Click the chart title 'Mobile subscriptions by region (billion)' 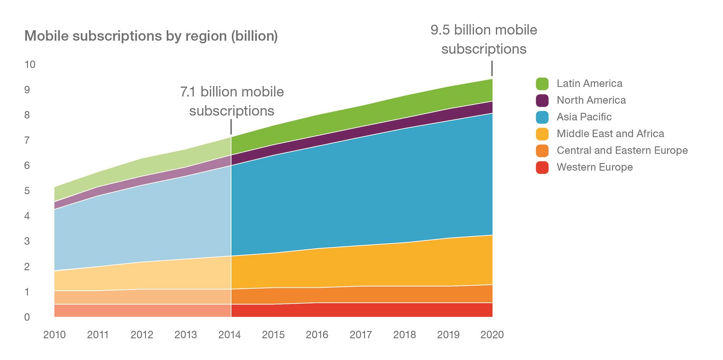pyautogui.click(x=151, y=36)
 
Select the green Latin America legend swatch pyautogui.click(x=542, y=84)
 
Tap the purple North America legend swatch pyautogui.click(x=542, y=100)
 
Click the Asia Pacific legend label pyautogui.click(x=584, y=117)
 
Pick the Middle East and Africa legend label pyautogui.click(x=610, y=134)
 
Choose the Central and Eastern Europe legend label pyautogui.click(x=622, y=150)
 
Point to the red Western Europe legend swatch pyautogui.click(x=542, y=167)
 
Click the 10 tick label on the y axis pyautogui.click(x=30, y=64)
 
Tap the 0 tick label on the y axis pyautogui.click(x=27, y=317)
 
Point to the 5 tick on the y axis pyautogui.click(x=27, y=191)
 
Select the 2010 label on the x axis pyautogui.click(x=55, y=335)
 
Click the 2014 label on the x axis pyautogui.click(x=230, y=335)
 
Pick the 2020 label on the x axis pyautogui.click(x=492, y=335)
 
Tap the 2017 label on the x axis pyautogui.click(x=361, y=335)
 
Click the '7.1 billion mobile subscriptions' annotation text pyautogui.click(x=232, y=101)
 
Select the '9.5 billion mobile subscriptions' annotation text pyautogui.click(x=484, y=39)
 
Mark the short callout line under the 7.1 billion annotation pyautogui.click(x=231, y=127)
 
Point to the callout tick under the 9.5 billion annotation pyautogui.click(x=492, y=68)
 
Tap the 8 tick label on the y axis pyautogui.click(x=27, y=115)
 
